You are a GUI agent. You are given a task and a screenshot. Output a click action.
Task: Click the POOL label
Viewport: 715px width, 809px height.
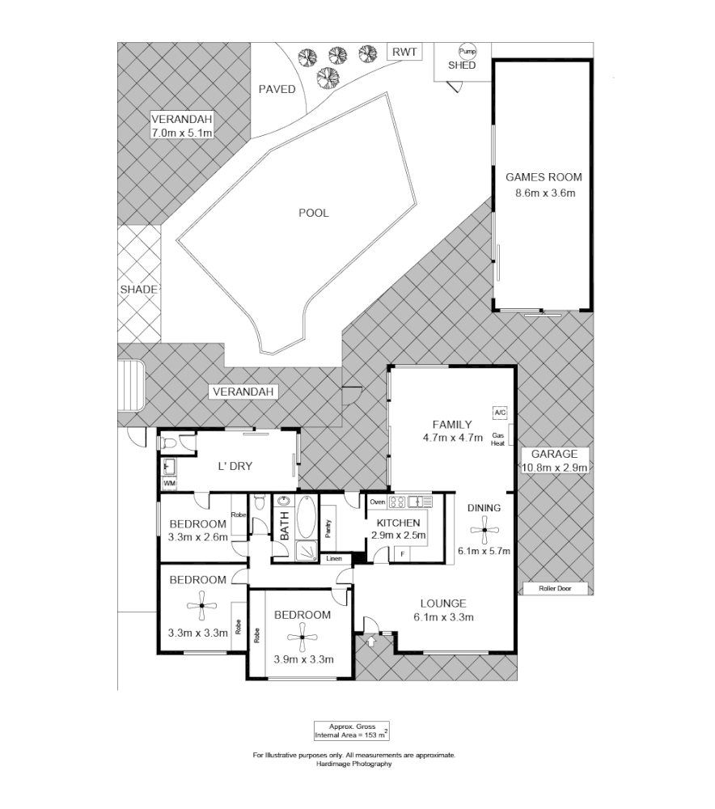pyautogui.click(x=313, y=214)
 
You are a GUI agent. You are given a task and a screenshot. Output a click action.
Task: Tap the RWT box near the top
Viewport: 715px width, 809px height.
pyautogui.click(x=404, y=52)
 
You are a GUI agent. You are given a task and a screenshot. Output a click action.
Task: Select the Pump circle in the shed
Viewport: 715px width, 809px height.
pyautogui.click(x=467, y=50)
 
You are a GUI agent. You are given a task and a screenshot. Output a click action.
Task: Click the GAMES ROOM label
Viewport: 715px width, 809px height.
pyautogui.click(x=543, y=177)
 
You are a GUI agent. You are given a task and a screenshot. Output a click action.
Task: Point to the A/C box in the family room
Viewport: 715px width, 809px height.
pyautogui.click(x=499, y=413)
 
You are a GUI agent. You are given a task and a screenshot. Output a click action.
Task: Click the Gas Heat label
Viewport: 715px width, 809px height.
pyautogui.click(x=499, y=439)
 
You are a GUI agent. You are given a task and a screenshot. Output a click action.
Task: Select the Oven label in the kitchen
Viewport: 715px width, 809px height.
pyautogui.click(x=377, y=502)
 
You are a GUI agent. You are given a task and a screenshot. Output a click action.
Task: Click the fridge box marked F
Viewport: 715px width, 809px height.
pyautogui.click(x=401, y=553)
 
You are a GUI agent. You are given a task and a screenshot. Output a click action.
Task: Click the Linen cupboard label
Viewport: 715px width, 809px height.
pyautogui.click(x=333, y=559)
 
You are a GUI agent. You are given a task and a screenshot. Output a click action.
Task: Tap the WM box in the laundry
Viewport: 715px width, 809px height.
pyautogui.click(x=169, y=483)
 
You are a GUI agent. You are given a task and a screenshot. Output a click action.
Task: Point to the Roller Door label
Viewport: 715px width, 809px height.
pyautogui.click(x=554, y=589)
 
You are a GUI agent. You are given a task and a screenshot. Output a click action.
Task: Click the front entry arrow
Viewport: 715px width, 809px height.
pyautogui.click(x=371, y=642)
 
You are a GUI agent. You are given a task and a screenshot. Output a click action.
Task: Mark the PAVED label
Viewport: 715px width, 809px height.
pyautogui.click(x=277, y=89)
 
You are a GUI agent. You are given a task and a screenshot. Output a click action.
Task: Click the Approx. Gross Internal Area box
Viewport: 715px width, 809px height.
pyautogui.click(x=351, y=731)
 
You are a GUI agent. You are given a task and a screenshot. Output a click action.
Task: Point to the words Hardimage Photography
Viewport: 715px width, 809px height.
pyautogui.click(x=354, y=764)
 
